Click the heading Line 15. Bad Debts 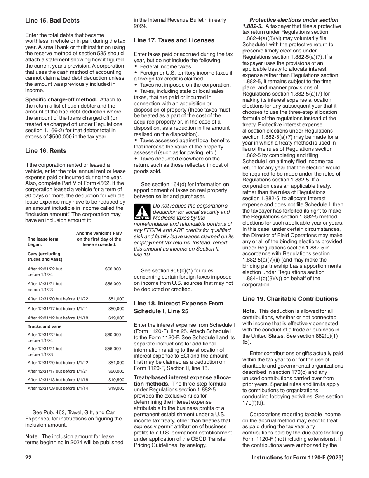(x=52, y=21)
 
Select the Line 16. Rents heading (x=45, y=151)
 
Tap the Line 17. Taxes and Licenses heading (x=174, y=40)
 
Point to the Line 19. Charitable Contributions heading (x=289, y=299)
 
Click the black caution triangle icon (x=142, y=212)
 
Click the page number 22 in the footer (x=28, y=458)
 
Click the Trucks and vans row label (x=45, y=326)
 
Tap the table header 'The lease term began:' (x=43, y=242)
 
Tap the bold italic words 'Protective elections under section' (x=294, y=20)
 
